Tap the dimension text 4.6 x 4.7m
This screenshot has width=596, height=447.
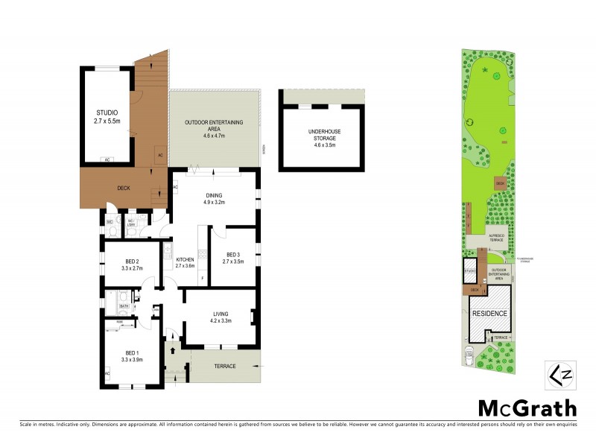pos(215,136)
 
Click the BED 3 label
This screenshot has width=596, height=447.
pos(232,254)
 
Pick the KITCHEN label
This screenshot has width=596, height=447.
pos(184,259)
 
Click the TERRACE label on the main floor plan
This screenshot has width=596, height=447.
pos(225,366)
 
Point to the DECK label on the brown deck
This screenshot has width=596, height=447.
pos(123,188)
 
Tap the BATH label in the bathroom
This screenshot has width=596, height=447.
pos(124,306)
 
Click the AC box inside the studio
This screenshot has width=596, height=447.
pos(107,159)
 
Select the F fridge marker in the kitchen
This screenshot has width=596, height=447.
pos(200,279)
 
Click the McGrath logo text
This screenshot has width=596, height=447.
pos(526,408)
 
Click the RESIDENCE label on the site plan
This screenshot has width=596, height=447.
pos(490,314)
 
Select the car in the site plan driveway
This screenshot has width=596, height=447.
pos(468,357)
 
